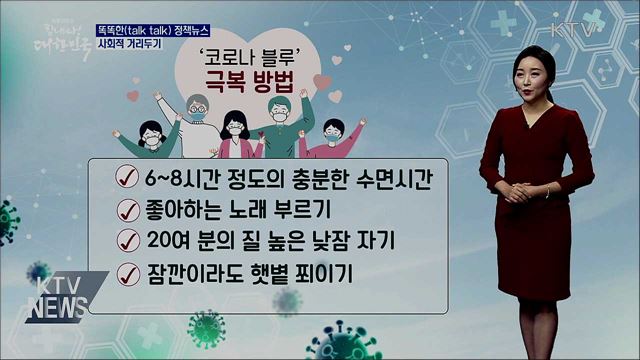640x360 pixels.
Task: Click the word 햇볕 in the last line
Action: [265, 272]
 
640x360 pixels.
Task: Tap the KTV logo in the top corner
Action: [572, 29]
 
